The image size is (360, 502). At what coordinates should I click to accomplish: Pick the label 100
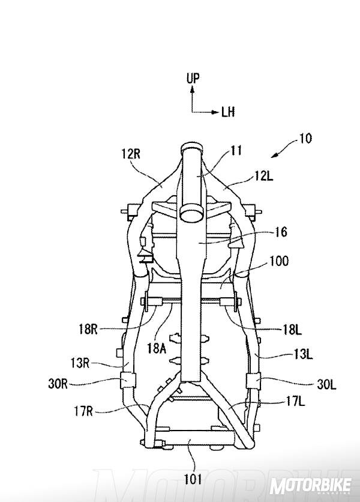[x=278, y=261]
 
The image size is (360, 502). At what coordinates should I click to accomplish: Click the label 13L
[x=302, y=355]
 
